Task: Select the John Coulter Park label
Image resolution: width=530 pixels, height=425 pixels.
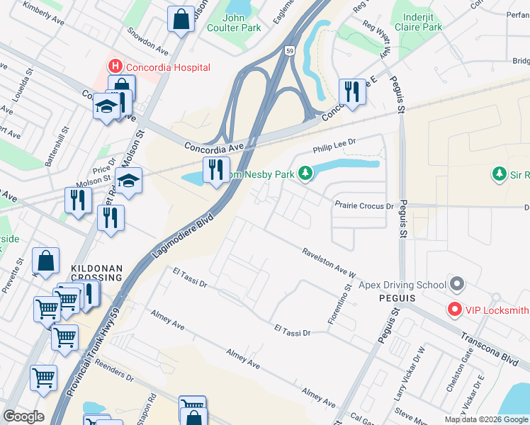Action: click(233, 23)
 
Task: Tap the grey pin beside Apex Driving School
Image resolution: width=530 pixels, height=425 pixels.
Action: click(457, 285)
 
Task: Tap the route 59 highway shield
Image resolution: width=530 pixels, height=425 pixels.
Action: click(289, 51)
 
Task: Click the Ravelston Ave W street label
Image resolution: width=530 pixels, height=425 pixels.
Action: click(328, 263)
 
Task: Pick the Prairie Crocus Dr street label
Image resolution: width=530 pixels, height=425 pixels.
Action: click(363, 205)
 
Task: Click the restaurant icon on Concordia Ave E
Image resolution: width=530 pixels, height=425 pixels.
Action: click(351, 91)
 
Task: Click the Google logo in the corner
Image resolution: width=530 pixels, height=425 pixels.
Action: click(24, 416)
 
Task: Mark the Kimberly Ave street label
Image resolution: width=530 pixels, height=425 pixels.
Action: click(43, 13)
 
